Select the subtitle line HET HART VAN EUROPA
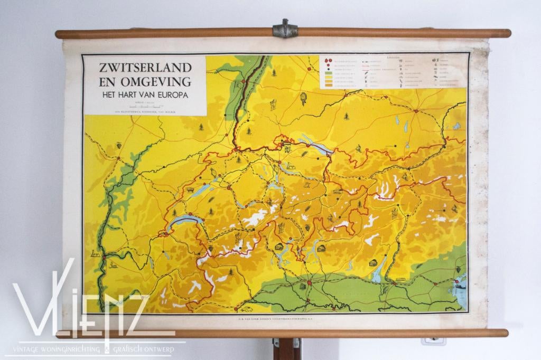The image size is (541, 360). pyautogui.click(x=144, y=95)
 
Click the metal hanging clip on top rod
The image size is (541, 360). pyautogui.click(x=285, y=29)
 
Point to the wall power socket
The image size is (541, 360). pyautogui.click(x=433, y=341)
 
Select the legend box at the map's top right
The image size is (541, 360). pyautogui.click(x=393, y=71)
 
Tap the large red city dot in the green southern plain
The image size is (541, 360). pyautogui.click(x=309, y=283)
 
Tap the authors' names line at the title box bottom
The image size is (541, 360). pyautogui.click(x=144, y=111)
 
